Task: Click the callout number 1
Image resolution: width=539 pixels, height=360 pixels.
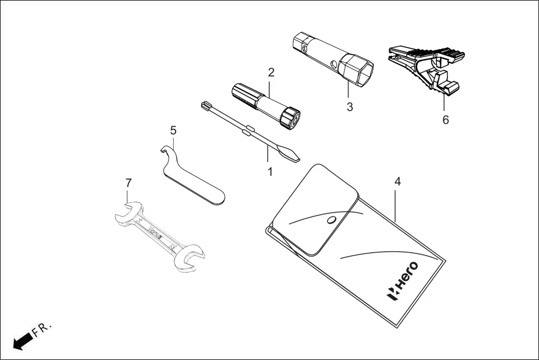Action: click(270, 171)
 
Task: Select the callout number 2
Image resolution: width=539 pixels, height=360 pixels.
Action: click(271, 72)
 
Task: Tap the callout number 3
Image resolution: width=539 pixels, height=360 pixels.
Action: click(350, 107)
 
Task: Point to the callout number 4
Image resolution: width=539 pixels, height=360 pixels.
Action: click(397, 181)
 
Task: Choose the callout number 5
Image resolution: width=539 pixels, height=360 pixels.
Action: click(173, 130)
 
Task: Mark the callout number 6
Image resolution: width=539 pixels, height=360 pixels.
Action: click(445, 119)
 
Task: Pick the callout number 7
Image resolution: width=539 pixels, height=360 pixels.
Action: click(128, 183)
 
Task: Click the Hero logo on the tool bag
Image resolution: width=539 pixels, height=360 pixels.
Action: click(410, 280)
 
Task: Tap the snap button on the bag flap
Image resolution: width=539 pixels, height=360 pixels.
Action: click(331, 220)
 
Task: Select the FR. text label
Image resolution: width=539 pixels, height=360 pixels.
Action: click(42, 329)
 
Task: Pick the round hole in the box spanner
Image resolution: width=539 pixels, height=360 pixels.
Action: click(333, 63)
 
